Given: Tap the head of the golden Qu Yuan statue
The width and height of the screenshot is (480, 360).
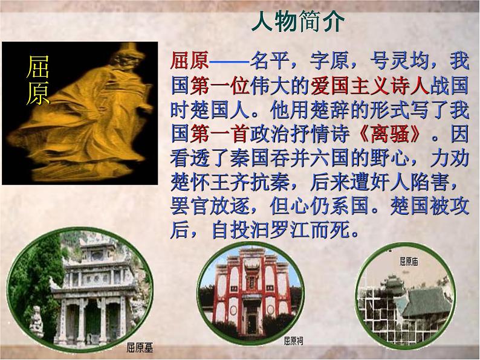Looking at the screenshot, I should (x=97, y=57).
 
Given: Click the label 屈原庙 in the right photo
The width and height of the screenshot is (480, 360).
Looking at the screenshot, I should (x=409, y=262).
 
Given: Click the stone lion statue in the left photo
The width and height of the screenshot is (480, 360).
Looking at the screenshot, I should (x=37, y=321).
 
